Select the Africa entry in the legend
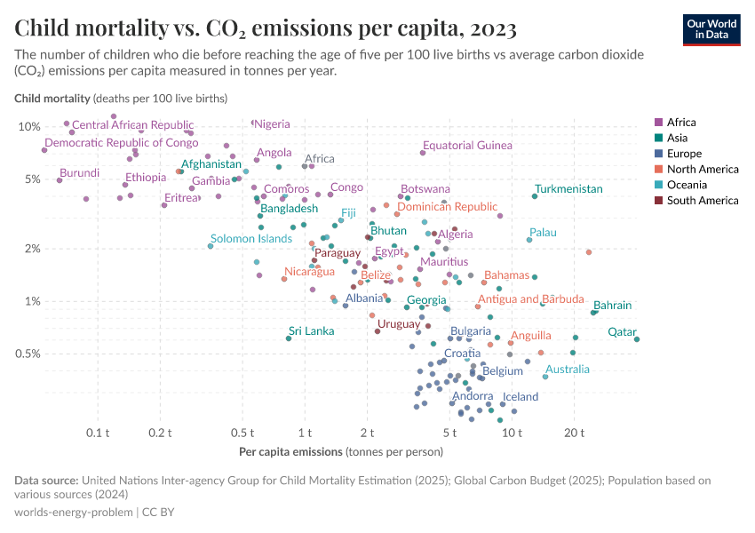[680, 123]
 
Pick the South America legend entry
[703, 201]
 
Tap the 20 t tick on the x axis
[574, 433]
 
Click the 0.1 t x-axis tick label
[98, 433]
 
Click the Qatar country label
[622, 332]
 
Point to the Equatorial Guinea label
[467, 146]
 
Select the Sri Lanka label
[312, 331]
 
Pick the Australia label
[568, 370]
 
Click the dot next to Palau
[529, 240]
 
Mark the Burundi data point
[60, 180]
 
